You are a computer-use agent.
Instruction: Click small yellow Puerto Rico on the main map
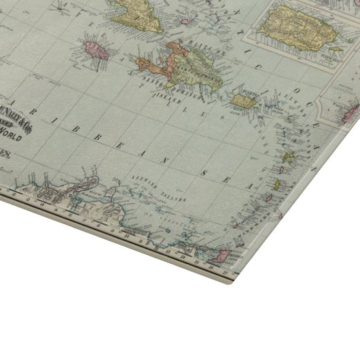(242, 101)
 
